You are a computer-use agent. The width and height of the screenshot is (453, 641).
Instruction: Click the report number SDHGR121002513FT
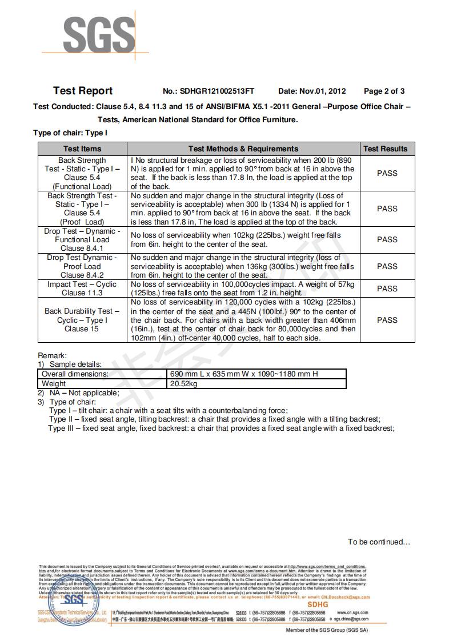pos(217,91)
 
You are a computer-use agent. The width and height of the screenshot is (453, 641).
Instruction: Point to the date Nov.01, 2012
pos(323,91)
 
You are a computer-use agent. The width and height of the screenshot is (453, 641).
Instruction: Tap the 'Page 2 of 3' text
pos(384,91)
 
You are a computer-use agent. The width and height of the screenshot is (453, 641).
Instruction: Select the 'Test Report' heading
pos(83,91)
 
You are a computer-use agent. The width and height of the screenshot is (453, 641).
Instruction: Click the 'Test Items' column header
pos(82,149)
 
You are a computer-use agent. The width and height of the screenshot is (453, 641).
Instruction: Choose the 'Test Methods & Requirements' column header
pos(243,149)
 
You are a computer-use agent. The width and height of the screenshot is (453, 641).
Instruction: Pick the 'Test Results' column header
pos(386,149)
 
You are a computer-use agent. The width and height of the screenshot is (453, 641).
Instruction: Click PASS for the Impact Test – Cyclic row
pos(387,289)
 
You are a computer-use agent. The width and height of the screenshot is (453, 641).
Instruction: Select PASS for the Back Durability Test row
pos(387,320)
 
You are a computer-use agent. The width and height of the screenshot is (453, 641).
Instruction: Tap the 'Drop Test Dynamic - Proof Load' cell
pos(82,266)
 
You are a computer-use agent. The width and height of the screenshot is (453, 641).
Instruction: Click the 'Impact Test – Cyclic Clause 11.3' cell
pos(82,289)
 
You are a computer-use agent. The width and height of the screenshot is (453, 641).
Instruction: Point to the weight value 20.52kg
pos(184,384)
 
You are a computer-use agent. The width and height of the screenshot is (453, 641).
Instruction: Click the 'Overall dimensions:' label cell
pos(75,374)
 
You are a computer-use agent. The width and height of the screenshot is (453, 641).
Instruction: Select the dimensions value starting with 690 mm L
pos(244,374)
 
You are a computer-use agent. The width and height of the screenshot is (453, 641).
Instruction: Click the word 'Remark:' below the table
pos(53,355)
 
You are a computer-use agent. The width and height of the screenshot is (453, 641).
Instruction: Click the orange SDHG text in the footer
pos(318,604)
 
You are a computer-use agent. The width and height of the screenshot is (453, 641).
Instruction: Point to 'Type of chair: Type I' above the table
pos(70,133)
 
